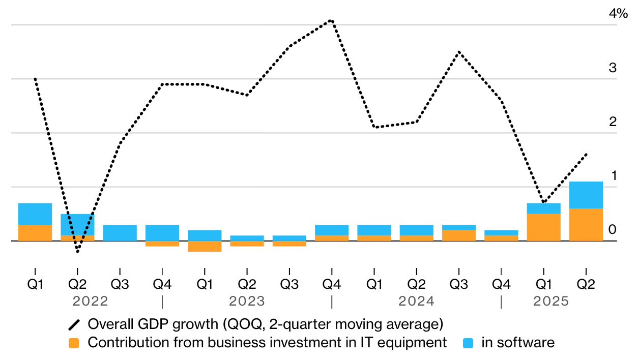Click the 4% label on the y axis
click(x=618, y=14)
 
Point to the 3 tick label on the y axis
click(x=613, y=68)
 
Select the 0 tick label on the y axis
click(x=613, y=230)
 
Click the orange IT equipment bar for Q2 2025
click(x=586, y=225)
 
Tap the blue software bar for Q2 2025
click(x=586, y=195)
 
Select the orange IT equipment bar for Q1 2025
click(x=543, y=227)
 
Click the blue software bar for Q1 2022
click(x=35, y=214)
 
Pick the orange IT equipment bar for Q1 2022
click(x=35, y=233)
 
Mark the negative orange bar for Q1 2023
click(x=205, y=246)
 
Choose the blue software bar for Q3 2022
click(x=120, y=233)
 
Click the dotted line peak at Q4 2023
click(x=331, y=21)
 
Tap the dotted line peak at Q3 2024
click(x=459, y=52)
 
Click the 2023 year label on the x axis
click(x=247, y=302)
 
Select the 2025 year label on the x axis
click(x=550, y=302)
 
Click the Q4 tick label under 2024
click(x=501, y=284)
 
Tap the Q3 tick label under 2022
click(x=120, y=284)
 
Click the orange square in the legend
click(x=74, y=343)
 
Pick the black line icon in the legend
click(x=74, y=324)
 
